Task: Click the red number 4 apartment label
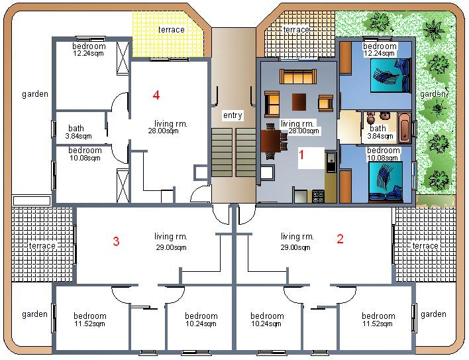(156, 95)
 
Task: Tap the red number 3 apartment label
(116, 241)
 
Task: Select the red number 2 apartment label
(340, 239)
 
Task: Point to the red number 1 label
(301, 154)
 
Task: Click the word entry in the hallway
(233, 115)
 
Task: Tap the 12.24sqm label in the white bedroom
(88, 54)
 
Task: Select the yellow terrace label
(171, 30)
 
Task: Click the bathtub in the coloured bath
(404, 127)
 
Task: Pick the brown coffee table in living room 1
(299, 102)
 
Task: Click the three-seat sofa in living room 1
(298, 77)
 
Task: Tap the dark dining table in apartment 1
(271, 141)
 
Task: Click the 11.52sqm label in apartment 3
(89, 324)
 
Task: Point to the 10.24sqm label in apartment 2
(266, 324)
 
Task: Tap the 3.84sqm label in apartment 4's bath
(78, 136)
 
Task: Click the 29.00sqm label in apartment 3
(171, 247)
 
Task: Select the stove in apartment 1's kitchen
(318, 197)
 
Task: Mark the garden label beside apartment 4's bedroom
(35, 94)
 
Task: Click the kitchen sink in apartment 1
(331, 162)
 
